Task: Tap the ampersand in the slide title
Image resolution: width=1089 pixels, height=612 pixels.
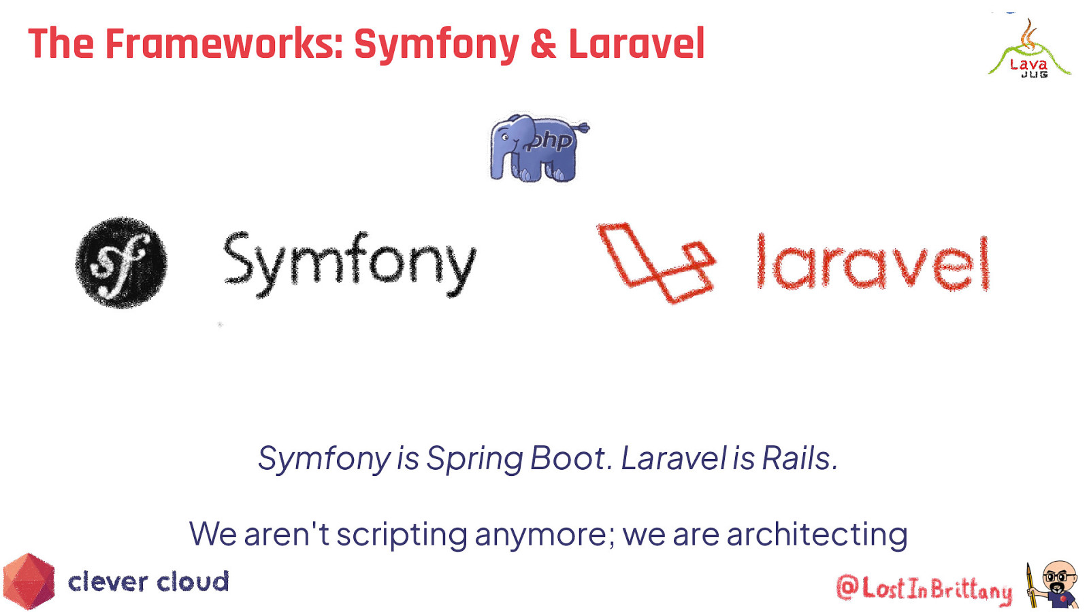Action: pyautogui.click(x=543, y=44)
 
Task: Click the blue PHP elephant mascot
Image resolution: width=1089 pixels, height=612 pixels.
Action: pyautogui.click(x=538, y=148)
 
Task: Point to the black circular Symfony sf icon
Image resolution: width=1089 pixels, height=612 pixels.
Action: pyautogui.click(x=121, y=262)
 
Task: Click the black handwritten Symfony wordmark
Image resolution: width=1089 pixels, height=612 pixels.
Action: pyautogui.click(x=349, y=263)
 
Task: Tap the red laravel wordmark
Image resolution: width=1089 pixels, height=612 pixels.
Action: pyautogui.click(x=873, y=263)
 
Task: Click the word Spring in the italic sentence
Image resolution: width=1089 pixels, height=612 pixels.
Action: pyautogui.click(x=474, y=459)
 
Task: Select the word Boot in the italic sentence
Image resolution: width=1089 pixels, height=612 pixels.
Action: pyautogui.click(x=568, y=459)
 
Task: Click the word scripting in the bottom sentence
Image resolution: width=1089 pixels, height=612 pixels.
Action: pyautogui.click(x=402, y=534)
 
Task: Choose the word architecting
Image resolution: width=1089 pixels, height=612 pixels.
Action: pyautogui.click(x=817, y=534)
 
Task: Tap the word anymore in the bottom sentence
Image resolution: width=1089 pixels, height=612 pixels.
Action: pyautogui.click(x=544, y=534)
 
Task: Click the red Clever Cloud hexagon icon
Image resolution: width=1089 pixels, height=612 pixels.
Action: pyautogui.click(x=29, y=581)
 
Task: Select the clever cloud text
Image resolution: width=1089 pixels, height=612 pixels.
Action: pyautogui.click(x=148, y=582)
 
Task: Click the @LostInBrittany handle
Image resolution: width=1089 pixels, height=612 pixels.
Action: pyautogui.click(x=924, y=588)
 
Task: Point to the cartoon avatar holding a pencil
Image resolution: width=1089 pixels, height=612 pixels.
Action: pyautogui.click(x=1054, y=584)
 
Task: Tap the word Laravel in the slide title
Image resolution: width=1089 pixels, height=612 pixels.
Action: pyautogui.click(x=636, y=44)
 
